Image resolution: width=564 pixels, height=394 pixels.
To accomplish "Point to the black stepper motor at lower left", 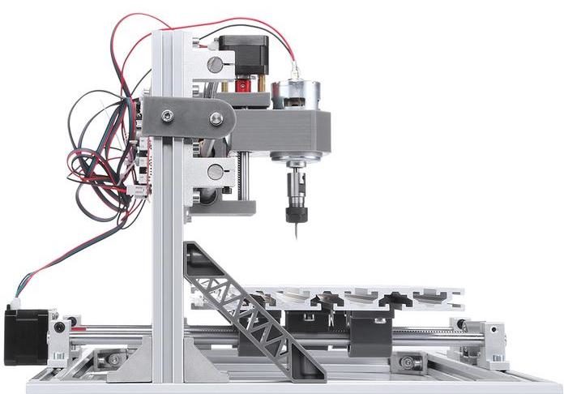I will coord(22,336).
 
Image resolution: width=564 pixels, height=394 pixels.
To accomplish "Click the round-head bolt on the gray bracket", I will coord(216,119).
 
